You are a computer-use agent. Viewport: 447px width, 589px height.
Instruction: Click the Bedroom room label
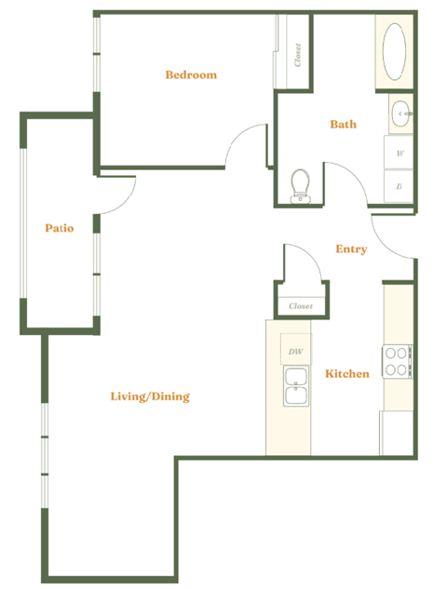point(191,74)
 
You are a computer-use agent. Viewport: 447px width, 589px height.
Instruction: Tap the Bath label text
point(343,124)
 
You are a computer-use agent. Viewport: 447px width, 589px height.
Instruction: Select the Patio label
point(60,227)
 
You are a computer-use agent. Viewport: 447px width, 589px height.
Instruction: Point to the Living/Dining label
point(150,396)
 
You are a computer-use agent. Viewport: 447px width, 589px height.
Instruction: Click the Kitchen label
point(346,374)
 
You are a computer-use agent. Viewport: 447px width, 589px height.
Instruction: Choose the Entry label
point(351,249)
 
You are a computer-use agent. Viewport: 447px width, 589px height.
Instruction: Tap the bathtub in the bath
point(395,53)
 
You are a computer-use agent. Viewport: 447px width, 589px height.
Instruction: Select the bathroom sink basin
point(400,114)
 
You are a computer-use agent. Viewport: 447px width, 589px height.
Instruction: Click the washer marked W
point(400,153)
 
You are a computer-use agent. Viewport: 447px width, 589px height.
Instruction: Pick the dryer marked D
point(400,186)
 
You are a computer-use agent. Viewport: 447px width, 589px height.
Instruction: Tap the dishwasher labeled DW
point(296,351)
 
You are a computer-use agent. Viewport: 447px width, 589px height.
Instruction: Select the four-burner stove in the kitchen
point(397,361)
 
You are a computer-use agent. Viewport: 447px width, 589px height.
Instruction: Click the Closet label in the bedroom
point(297,55)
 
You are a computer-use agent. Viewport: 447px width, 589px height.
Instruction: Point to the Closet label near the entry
point(300,305)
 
